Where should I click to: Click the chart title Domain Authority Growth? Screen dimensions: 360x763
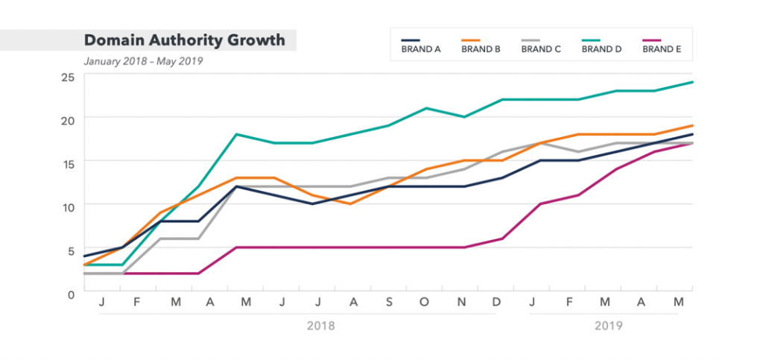(184, 40)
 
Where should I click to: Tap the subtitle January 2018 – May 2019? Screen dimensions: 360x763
(143, 61)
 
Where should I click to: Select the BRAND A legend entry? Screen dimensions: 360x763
(421, 50)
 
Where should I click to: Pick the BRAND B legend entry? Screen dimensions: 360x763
(481, 50)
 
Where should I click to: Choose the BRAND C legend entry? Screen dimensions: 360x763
(541, 50)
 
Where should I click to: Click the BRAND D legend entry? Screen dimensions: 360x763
(601, 50)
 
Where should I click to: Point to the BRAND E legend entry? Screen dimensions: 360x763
(662, 50)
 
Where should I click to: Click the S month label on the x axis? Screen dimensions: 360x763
(389, 302)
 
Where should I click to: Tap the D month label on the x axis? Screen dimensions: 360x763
(497, 302)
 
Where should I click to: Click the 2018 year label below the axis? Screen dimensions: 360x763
(321, 326)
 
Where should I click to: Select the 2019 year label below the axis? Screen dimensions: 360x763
(608, 326)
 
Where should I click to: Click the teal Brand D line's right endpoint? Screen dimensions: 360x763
(692, 82)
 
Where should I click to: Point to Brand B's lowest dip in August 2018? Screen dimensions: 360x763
(350, 203)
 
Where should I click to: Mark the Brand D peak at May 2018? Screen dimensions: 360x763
(236, 134)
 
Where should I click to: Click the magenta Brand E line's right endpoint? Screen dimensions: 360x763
(692, 143)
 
